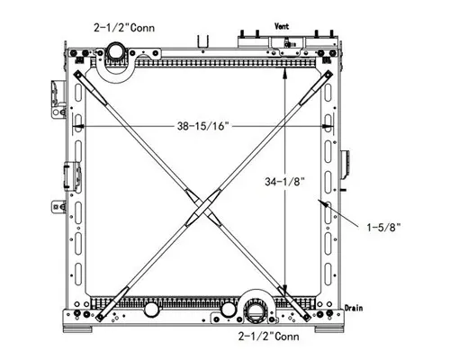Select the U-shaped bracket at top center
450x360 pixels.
(203, 41)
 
